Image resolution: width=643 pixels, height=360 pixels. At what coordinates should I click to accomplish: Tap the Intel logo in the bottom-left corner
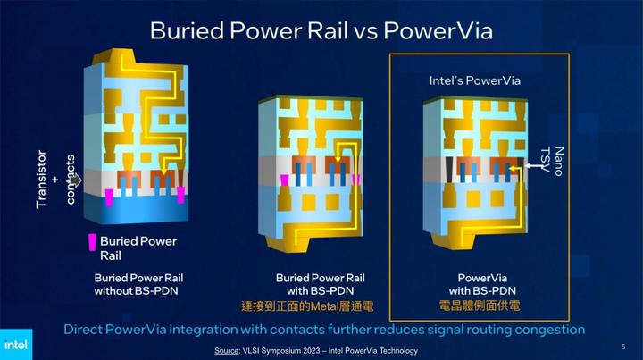(15, 344)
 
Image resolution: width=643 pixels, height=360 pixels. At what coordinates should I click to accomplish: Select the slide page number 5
(622, 346)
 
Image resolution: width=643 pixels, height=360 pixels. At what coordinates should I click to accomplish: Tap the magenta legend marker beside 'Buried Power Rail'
(90, 241)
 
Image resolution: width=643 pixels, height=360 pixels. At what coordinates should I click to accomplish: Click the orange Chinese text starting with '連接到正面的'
(306, 306)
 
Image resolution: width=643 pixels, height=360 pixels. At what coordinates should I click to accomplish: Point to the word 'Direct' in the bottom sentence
(87, 330)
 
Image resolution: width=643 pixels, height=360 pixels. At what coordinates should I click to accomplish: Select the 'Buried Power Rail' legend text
(138, 247)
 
